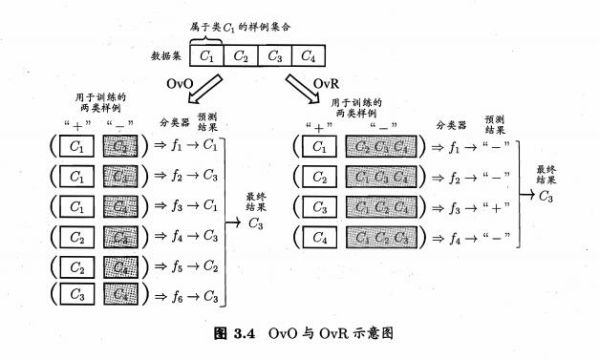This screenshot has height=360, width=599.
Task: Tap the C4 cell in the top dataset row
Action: pos(309,55)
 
